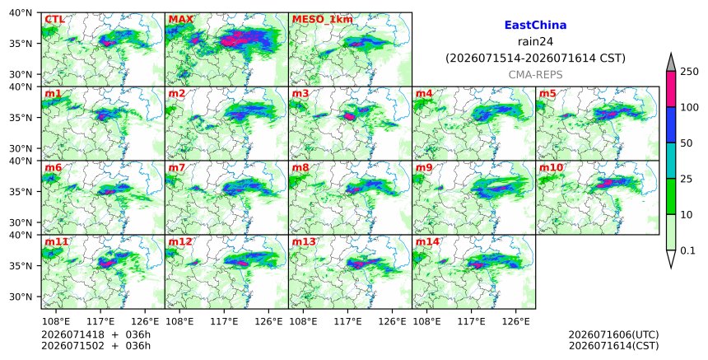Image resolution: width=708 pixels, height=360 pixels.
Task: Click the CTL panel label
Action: [54, 20]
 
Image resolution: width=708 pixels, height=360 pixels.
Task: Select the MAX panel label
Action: [180, 20]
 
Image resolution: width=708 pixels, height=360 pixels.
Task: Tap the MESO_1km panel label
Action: [323, 20]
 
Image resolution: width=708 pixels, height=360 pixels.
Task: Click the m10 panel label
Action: [552, 167]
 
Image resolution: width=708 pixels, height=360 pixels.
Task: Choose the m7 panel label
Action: [177, 167]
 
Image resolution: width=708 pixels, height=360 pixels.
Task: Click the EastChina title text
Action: [535, 26]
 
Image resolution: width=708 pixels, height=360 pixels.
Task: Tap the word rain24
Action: [535, 41]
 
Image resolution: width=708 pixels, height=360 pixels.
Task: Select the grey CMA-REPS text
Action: [535, 75]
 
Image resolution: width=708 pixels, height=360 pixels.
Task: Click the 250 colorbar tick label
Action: [690, 72]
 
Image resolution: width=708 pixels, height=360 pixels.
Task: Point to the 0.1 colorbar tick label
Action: [687, 250]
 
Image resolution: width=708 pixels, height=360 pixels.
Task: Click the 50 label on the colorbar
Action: [687, 143]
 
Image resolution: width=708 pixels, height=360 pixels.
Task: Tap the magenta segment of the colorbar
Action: [670, 89]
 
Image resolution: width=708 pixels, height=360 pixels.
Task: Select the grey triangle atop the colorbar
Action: [670, 62]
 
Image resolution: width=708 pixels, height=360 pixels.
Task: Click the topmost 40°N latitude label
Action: [21, 12]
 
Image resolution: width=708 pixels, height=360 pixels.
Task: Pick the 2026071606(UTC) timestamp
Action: [613, 334]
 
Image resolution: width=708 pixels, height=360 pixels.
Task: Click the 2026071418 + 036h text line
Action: [95, 334]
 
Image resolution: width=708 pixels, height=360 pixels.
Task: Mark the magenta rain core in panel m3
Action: [349, 116]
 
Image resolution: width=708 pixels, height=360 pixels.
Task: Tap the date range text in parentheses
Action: [535, 58]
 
